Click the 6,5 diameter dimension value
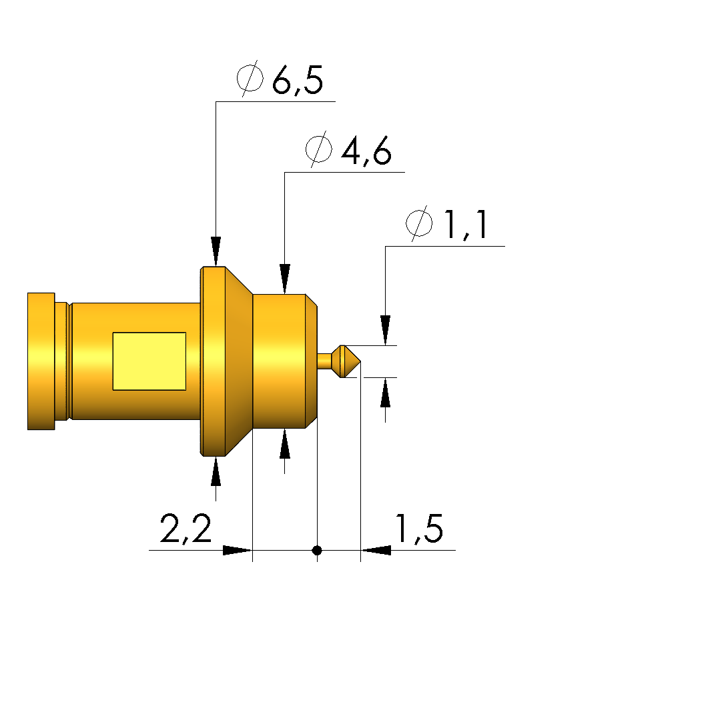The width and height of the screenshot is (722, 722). coord(298,80)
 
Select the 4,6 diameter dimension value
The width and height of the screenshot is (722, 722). coord(366,151)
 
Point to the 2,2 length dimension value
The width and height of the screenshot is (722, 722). coord(186,529)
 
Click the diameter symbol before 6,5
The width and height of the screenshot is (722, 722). coord(250,78)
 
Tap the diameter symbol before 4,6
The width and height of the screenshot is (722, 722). coord(319,149)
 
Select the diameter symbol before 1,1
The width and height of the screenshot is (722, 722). coord(419,223)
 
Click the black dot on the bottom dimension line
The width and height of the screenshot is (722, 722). coord(317,550)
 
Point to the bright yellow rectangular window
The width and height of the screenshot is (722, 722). coord(149,361)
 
